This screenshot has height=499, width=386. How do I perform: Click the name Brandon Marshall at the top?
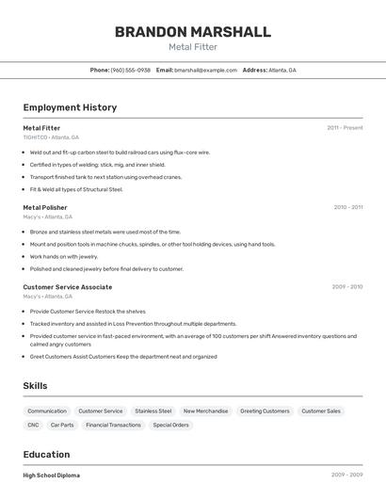pos(193,32)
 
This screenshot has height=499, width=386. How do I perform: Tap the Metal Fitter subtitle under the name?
pos(193,47)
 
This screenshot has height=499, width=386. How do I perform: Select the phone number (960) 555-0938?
pos(130,71)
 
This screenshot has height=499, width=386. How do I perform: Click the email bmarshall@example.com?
pos(205,71)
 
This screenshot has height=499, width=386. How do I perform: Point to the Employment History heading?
pos(70,107)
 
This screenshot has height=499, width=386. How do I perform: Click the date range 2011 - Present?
pos(345,127)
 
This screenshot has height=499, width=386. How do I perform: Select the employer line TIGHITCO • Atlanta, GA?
pos(51,137)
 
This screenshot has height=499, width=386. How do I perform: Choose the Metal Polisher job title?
pos(45,207)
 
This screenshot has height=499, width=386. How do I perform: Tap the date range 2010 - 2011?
pos(347,207)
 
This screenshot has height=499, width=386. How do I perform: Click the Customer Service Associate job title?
pos(68,286)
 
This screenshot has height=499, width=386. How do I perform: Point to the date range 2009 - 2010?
pos(346,286)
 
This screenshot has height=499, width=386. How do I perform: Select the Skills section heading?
pos(35,386)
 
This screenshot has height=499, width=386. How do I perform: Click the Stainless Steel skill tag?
pos(153,411)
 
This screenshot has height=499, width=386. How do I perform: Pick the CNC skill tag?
pos(33,425)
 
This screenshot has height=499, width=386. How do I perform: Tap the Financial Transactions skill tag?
pos(113,425)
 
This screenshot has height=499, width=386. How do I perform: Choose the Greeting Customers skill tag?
pos(265,411)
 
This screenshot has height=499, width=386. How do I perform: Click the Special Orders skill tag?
pos(170,425)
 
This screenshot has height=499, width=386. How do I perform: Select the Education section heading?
pos(46,454)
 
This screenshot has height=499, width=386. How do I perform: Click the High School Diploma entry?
pos(52,475)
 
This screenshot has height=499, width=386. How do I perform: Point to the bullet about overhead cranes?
pos(105,177)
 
